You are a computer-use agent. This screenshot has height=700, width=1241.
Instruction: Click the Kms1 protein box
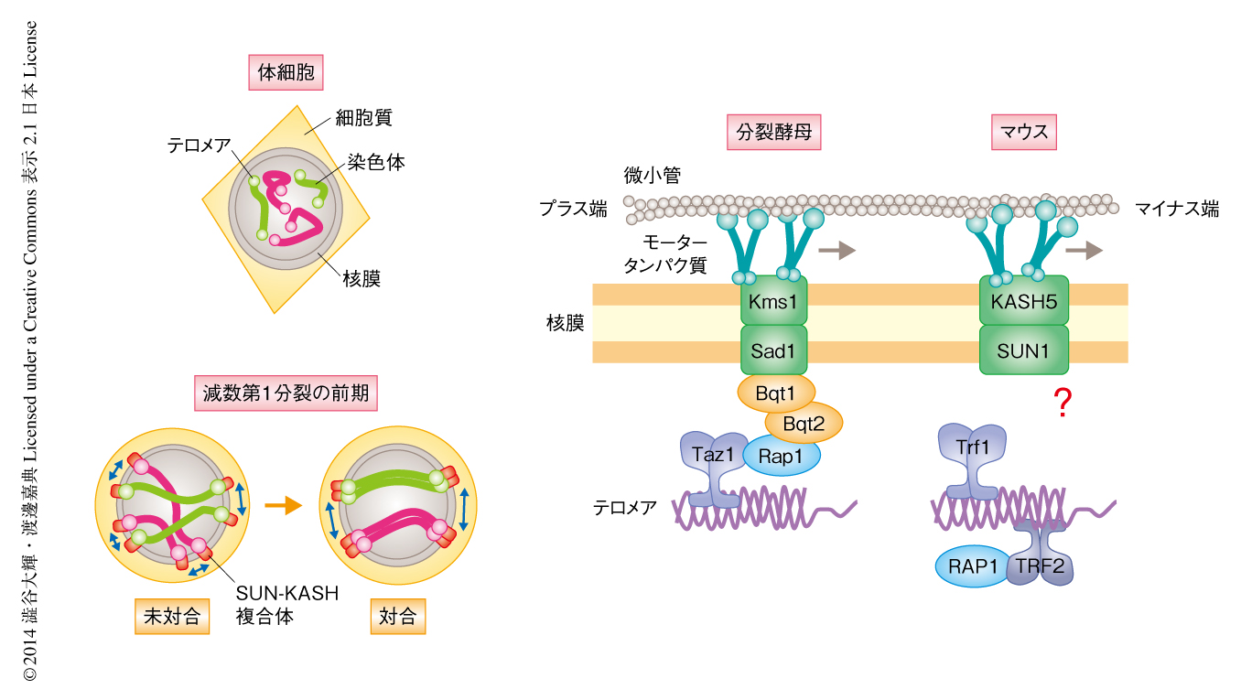click(773, 302)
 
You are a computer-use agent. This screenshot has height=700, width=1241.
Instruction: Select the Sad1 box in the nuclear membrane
click(773, 350)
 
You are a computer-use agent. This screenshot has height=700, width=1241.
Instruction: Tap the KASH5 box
click(1023, 302)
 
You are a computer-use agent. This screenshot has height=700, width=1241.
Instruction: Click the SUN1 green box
click(1023, 350)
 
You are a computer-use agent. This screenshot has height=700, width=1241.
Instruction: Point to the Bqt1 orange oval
click(775, 393)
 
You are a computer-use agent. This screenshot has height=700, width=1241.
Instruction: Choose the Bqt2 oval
click(804, 423)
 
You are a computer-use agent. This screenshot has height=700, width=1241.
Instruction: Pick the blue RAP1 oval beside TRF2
click(972, 566)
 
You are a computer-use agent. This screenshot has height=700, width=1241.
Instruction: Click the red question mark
click(1063, 404)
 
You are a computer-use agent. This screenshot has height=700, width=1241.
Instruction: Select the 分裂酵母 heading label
click(773, 134)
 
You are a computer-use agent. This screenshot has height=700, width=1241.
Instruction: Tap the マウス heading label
click(1025, 134)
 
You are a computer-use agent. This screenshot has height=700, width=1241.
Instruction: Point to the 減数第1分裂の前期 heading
click(286, 394)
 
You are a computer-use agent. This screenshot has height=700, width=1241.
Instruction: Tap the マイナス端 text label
click(1177, 210)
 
